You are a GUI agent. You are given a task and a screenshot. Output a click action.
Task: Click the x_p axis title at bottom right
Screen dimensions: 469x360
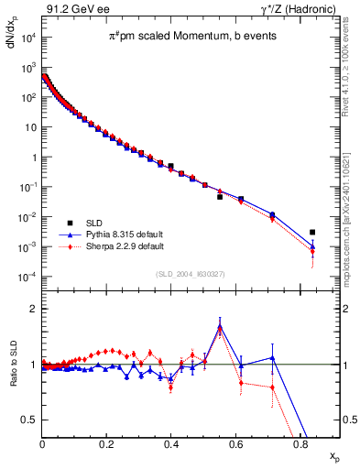pos(334,455)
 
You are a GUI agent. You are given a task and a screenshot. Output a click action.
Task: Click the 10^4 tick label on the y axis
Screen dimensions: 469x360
pos(28,38)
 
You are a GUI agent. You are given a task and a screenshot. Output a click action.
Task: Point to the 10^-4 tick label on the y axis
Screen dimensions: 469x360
pos(28,278)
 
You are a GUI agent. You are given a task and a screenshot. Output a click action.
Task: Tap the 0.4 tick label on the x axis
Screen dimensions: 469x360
pos(171,445)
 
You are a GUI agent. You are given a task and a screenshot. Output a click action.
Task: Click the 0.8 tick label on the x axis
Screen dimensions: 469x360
pos(300,445)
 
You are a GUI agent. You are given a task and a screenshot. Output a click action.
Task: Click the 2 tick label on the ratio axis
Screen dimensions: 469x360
pos(34,309)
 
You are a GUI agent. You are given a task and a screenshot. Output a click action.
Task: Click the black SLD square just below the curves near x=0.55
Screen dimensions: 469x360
pos(220,197)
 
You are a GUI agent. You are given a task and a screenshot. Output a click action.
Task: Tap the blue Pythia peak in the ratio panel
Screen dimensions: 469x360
pos(220,326)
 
